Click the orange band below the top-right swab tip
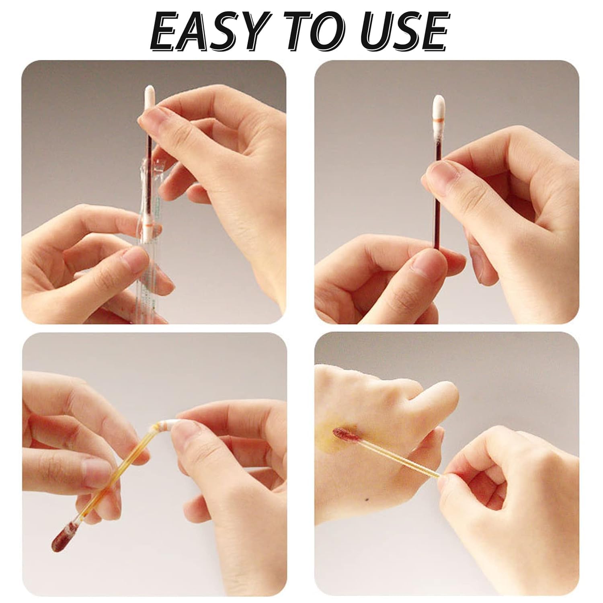point(438,120)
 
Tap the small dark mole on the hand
point(365,499)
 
